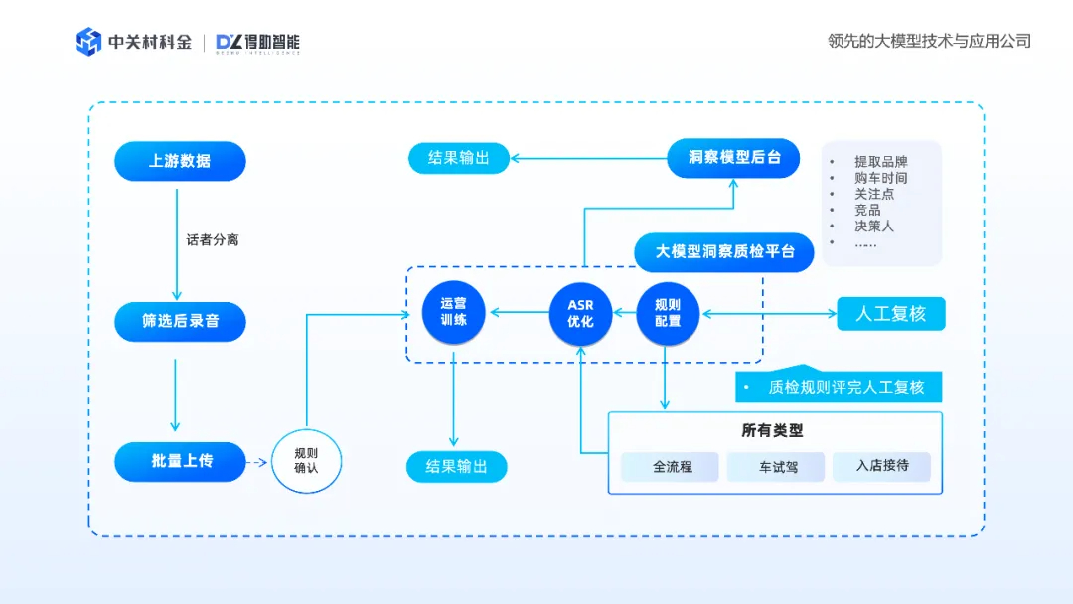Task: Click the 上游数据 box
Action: tap(180, 161)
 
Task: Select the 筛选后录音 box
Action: tap(180, 322)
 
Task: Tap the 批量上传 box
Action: tap(180, 461)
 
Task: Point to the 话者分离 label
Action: tap(213, 240)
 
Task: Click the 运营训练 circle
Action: tap(454, 313)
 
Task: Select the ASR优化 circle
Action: tap(580, 314)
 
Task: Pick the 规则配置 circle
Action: tap(668, 314)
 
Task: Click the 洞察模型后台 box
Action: tap(733, 158)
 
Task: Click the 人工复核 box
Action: tap(891, 314)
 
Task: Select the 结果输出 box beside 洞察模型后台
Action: tap(459, 158)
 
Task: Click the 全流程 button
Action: tap(672, 466)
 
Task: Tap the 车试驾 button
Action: tap(778, 466)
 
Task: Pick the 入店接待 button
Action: tap(882, 466)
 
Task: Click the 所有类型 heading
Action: tap(772, 430)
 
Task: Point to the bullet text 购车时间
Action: tap(880, 178)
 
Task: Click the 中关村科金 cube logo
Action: tap(88, 42)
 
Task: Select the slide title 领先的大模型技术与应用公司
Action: tap(929, 41)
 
